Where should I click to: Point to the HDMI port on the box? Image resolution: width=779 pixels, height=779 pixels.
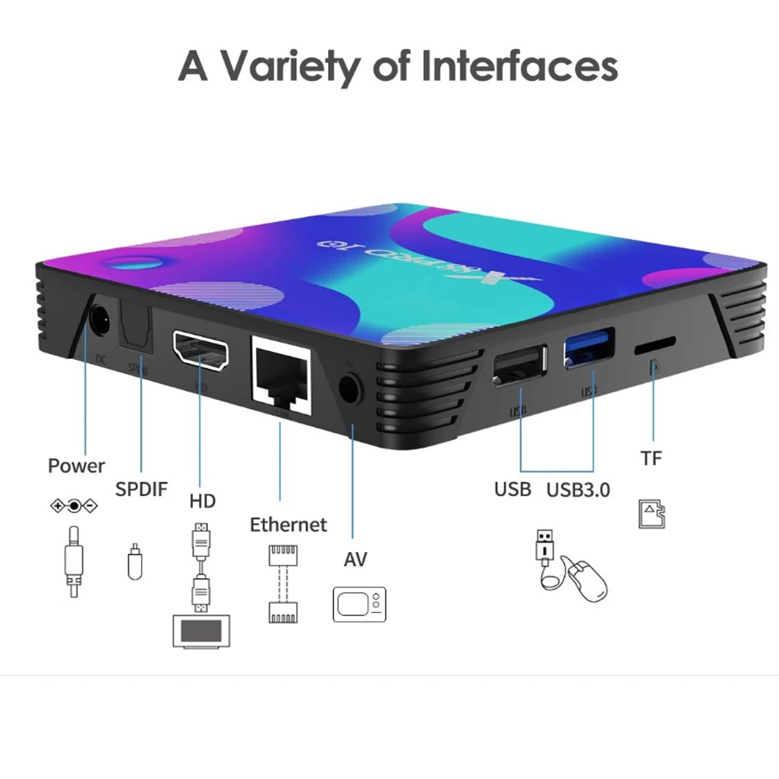tap(202, 353)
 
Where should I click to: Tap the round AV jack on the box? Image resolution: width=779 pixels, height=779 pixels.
tap(351, 387)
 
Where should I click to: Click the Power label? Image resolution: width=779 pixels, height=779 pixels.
tap(76, 466)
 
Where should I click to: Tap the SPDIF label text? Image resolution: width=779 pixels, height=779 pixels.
tap(141, 490)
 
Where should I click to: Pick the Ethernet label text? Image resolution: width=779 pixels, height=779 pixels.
tap(288, 525)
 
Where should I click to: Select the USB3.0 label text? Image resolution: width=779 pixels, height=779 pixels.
tap(578, 490)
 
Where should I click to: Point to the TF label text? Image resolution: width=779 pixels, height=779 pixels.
tap(651, 459)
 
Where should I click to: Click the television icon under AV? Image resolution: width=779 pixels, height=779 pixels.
tap(359, 604)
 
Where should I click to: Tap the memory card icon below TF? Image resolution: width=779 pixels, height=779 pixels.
tap(652, 514)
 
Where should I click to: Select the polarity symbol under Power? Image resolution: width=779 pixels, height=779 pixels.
tap(74, 506)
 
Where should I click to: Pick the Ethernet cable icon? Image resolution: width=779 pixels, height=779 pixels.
tap(282, 583)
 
